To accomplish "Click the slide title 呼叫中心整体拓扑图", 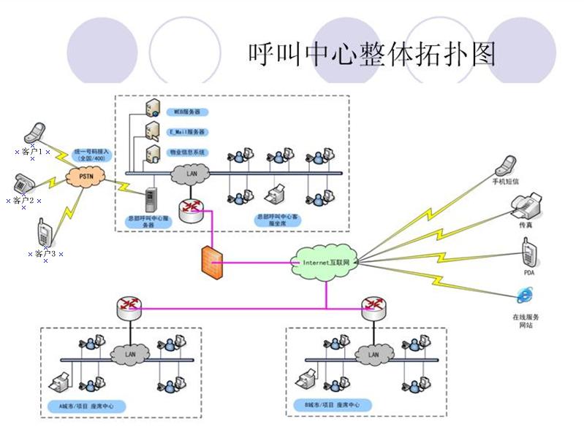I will (372, 53).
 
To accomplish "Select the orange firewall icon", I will (212, 260).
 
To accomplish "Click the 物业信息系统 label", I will (187, 153).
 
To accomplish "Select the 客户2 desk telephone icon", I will (24, 182).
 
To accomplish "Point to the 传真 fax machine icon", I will (526, 205).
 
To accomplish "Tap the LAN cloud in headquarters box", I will (191, 174).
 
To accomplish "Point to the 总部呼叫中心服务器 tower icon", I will (152, 198).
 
